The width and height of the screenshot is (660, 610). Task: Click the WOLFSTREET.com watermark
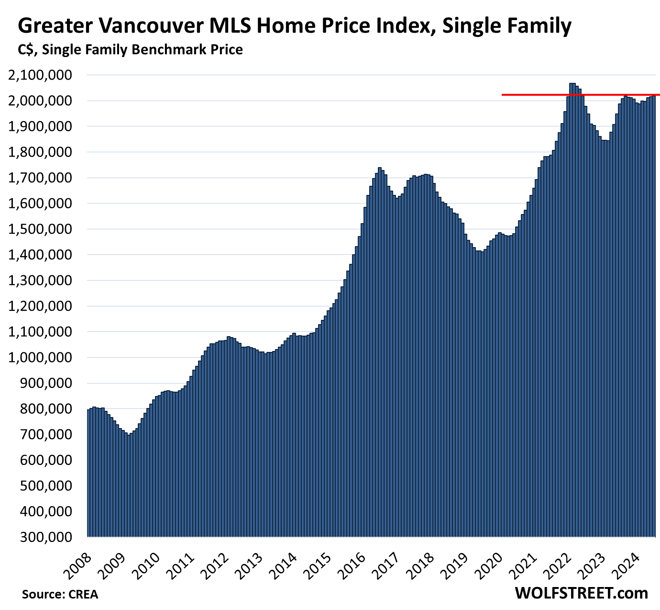581,593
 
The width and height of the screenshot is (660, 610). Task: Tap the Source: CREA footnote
60,594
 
